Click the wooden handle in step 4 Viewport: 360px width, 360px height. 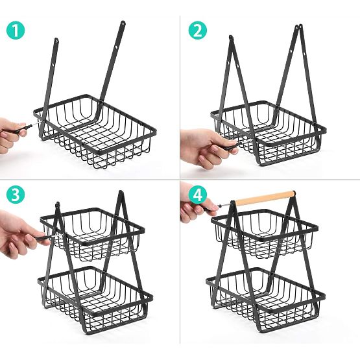click(x=267, y=197)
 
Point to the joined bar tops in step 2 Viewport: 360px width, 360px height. click(x=299, y=28)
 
